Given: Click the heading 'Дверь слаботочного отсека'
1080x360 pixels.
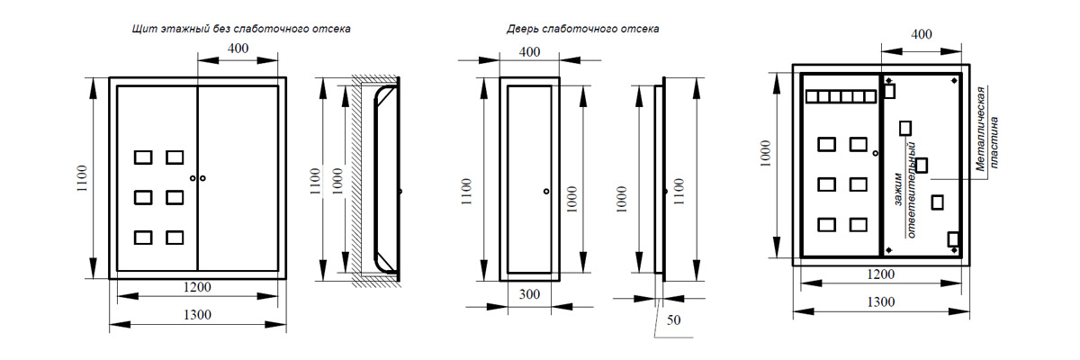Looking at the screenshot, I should coord(582,29).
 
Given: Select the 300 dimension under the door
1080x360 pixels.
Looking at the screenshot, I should coord(529,294).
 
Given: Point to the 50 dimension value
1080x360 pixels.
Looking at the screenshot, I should coord(674,319).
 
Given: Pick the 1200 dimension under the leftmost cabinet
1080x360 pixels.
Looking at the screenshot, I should coord(197,288).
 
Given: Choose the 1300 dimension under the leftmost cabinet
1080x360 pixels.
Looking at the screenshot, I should coord(197,314).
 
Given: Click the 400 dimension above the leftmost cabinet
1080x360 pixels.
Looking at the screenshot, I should coord(238,49).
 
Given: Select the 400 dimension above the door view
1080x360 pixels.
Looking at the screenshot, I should coord(530,51).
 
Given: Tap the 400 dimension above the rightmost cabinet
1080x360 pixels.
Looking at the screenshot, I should coord(922,34).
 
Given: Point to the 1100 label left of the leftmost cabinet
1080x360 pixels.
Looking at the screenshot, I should coord(83,178).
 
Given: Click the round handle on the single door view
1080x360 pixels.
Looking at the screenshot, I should coord(546,191).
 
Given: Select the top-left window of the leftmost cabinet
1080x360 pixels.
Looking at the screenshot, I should coord(143,157).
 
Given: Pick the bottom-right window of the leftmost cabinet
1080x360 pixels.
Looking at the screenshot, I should coord(175,238).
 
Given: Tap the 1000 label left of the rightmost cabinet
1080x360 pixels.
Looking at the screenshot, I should coord(766,156).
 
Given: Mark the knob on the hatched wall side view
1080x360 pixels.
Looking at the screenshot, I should coord(400,191).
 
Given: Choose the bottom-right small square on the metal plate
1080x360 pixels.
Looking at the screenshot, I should coord(954,239).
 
